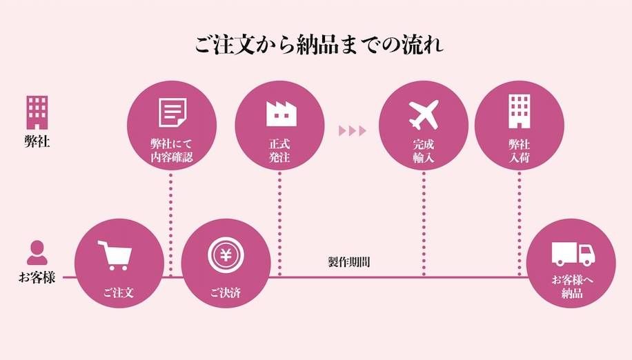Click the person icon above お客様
tap(36, 252)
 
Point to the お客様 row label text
tap(37, 279)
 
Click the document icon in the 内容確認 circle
tap(172, 112)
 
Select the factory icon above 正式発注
tap(280, 114)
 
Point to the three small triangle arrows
tap(352, 131)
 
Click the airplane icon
tap(423, 114)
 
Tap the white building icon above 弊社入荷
tap(519, 112)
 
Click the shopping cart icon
tap(114, 256)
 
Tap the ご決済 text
tap(226, 293)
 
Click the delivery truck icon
tap(572, 254)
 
